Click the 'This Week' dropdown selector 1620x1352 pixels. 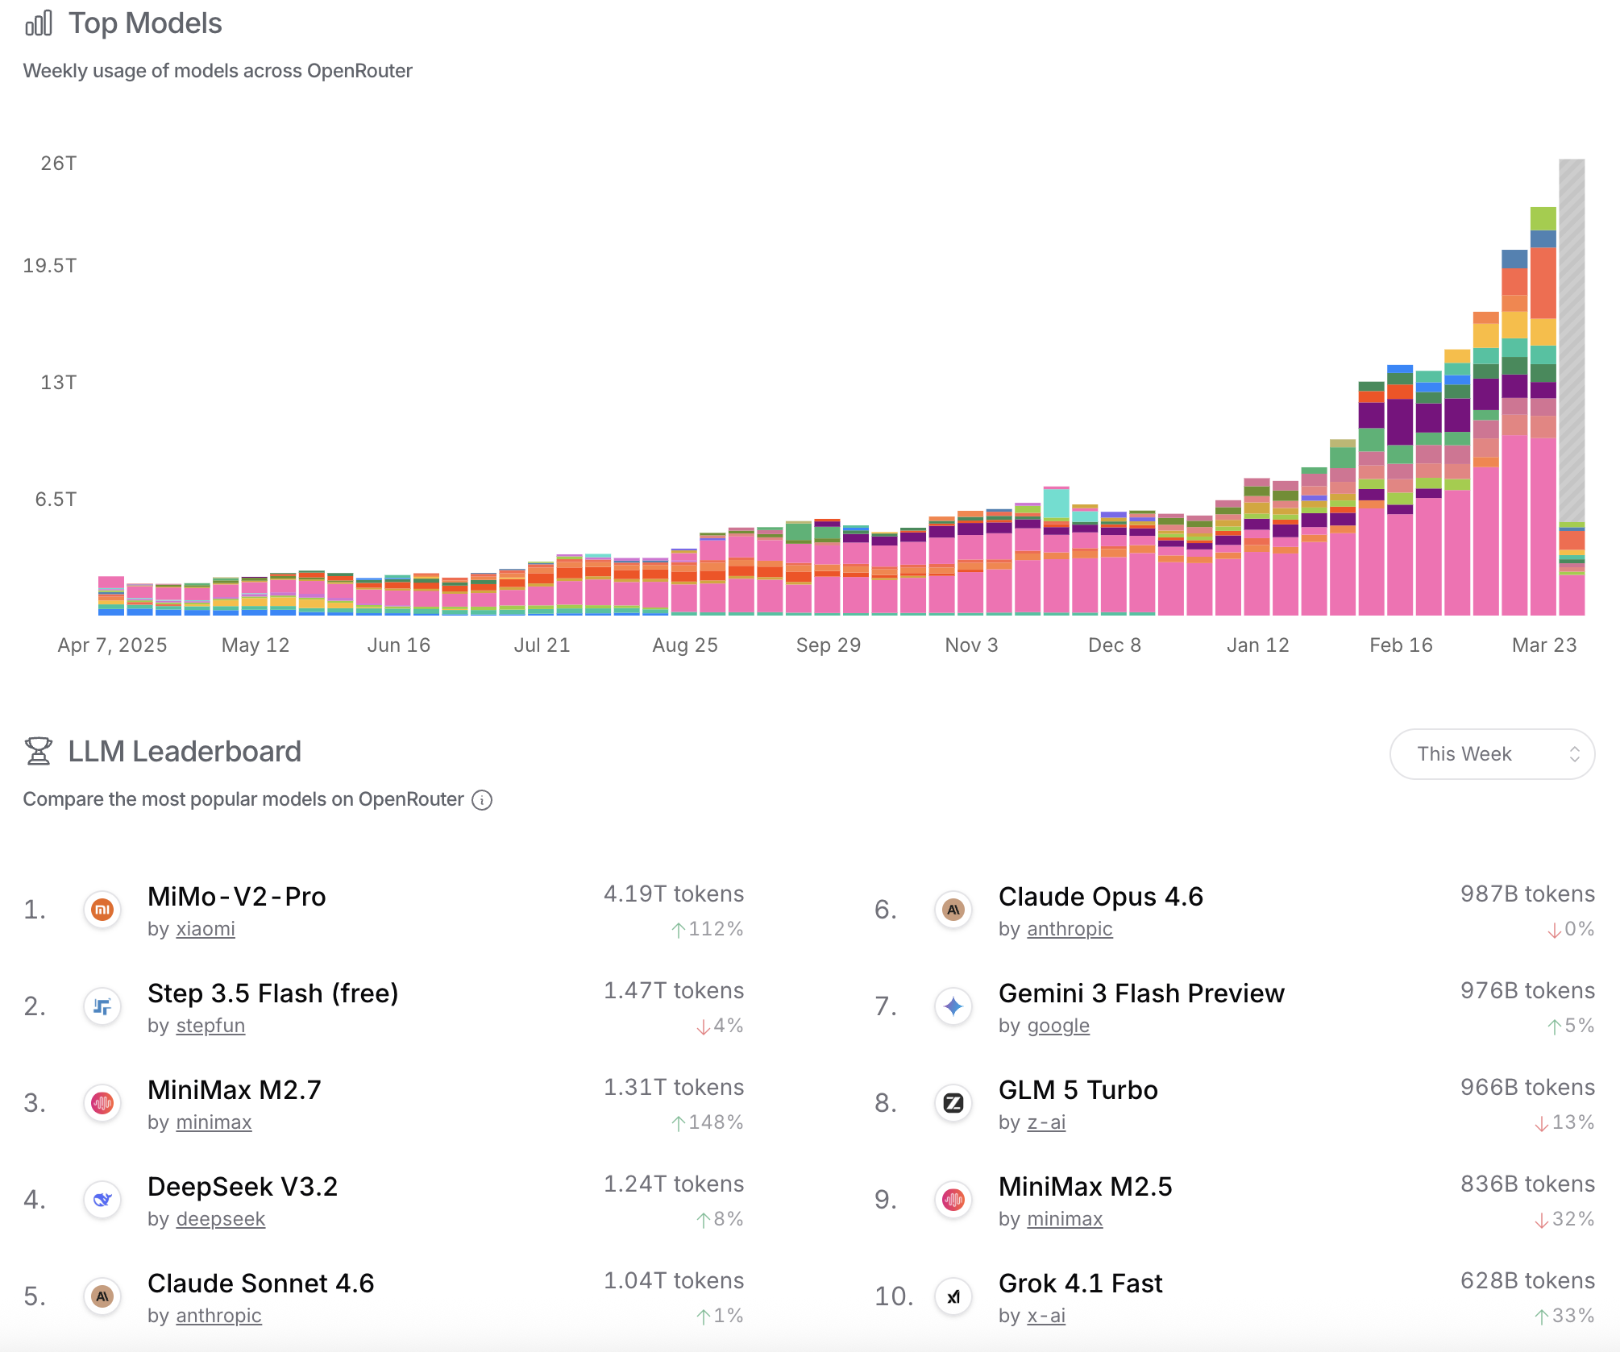(x=1492, y=754)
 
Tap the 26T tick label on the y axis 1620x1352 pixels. (x=59, y=164)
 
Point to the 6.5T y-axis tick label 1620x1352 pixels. (x=56, y=500)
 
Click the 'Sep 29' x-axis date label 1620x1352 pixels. (x=829, y=645)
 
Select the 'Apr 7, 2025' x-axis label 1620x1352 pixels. (x=112, y=645)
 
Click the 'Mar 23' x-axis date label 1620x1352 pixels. (x=1544, y=645)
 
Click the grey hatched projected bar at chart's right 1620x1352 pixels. (x=1572, y=338)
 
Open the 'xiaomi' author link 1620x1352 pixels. (x=206, y=929)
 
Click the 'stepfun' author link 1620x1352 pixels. (x=210, y=1026)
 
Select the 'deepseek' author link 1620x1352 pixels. (x=220, y=1219)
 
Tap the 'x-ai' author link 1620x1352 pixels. (x=1046, y=1316)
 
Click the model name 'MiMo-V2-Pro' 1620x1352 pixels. (x=237, y=897)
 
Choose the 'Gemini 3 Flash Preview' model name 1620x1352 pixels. (x=1141, y=993)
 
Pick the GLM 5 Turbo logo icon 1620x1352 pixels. (x=953, y=1103)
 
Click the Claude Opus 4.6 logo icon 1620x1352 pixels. (x=953, y=910)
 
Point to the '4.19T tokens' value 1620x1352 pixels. (x=674, y=894)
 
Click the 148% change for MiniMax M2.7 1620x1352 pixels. (x=708, y=1122)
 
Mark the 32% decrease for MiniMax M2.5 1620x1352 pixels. (x=1564, y=1219)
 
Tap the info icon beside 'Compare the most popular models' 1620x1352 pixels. (x=482, y=800)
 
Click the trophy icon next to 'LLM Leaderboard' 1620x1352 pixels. (x=38, y=751)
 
